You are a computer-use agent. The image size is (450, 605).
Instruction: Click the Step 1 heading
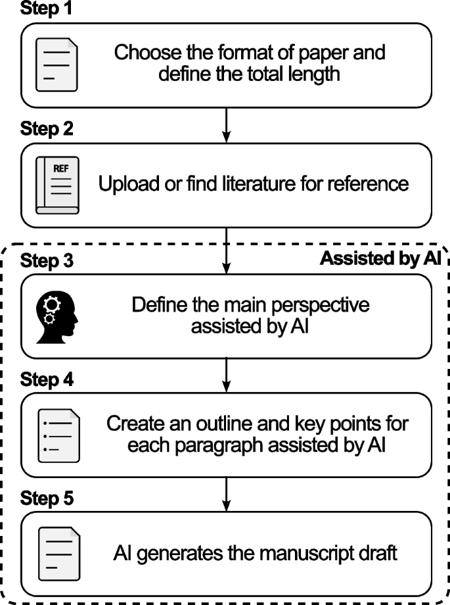click(46, 8)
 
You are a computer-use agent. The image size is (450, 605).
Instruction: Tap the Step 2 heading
click(47, 128)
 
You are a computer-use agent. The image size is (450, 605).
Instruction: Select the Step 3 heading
click(47, 260)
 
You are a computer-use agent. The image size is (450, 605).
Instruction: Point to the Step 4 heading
click(47, 379)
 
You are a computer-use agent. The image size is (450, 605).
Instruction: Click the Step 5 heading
click(47, 498)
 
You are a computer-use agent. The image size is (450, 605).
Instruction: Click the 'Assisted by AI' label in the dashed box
click(380, 258)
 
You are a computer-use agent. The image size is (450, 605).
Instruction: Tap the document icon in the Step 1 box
click(56, 65)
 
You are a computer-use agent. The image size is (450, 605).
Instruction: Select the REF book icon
click(57, 185)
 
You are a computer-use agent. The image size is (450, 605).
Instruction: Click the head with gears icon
click(56, 317)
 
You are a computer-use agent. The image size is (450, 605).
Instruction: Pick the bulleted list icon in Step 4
click(59, 435)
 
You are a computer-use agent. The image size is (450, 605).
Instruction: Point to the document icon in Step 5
click(59, 554)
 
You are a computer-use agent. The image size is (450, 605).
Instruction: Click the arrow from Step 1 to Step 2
click(227, 126)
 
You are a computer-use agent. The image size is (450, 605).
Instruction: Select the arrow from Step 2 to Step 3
click(227, 251)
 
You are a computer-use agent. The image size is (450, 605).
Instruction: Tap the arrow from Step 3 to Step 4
click(227, 375)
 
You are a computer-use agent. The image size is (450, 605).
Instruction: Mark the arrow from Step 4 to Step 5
click(227, 495)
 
